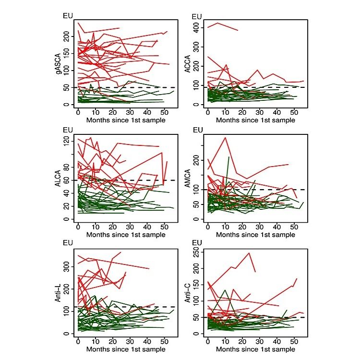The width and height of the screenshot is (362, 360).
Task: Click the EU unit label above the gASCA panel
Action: [x=68, y=16]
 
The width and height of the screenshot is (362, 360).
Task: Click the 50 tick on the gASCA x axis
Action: [x=163, y=113]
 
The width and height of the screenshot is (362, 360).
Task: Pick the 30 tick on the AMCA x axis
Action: [x=259, y=227]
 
